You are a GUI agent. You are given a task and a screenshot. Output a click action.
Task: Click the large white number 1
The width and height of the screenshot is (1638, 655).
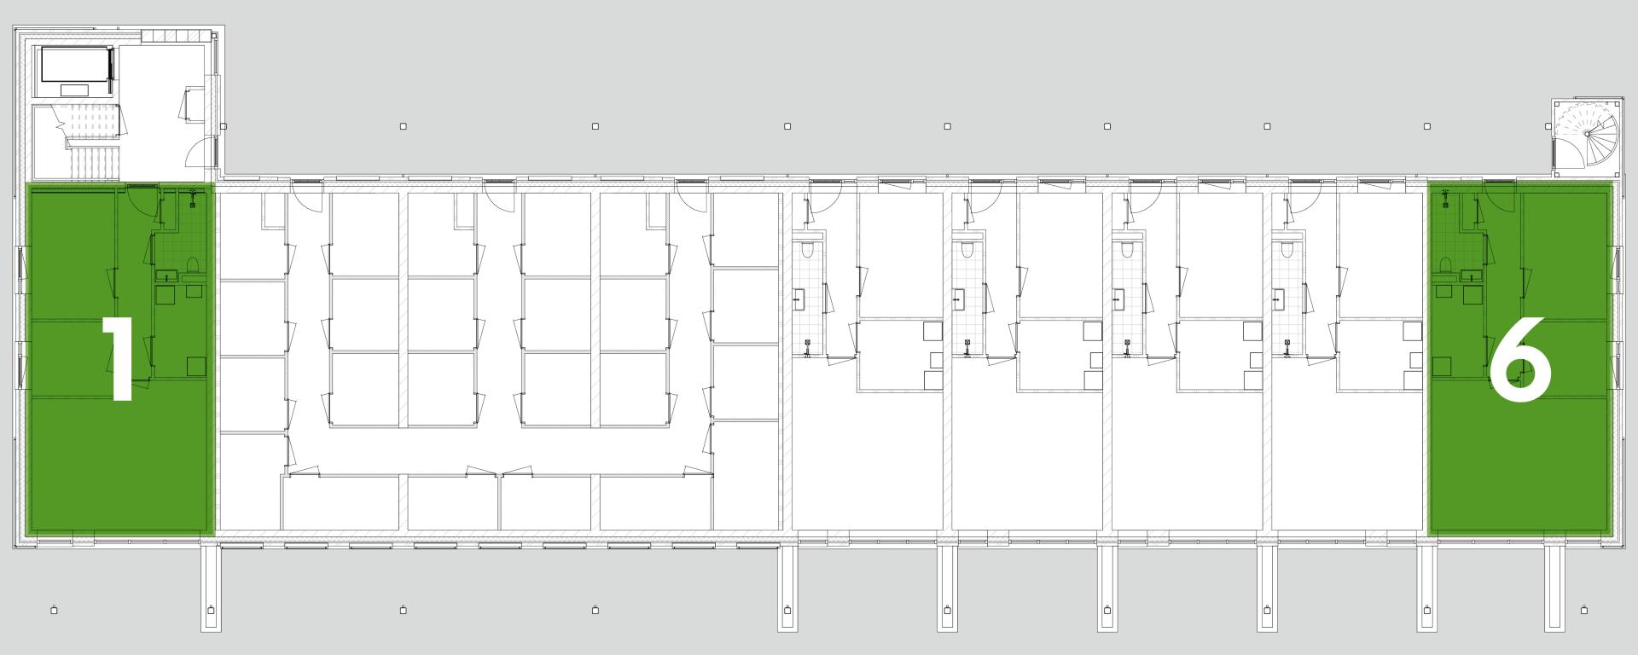pos(119,358)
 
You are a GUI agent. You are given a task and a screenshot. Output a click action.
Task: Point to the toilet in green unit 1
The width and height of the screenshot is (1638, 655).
pos(192,264)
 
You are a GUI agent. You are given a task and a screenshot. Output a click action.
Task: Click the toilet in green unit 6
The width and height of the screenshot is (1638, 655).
pos(1446,265)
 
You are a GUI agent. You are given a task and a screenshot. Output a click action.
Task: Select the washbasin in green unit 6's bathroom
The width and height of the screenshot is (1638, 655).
pos(1471,275)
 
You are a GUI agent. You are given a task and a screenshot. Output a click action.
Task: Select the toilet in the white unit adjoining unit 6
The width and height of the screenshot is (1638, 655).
pos(1287,250)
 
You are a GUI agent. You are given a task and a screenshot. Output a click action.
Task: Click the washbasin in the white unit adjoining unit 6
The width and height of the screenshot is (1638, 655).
pos(1280,299)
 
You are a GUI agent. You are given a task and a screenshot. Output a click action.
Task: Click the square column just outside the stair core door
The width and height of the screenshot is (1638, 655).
pos(223,126)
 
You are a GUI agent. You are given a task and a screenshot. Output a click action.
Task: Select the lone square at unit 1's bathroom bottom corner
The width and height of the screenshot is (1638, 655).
pos(196,366)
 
